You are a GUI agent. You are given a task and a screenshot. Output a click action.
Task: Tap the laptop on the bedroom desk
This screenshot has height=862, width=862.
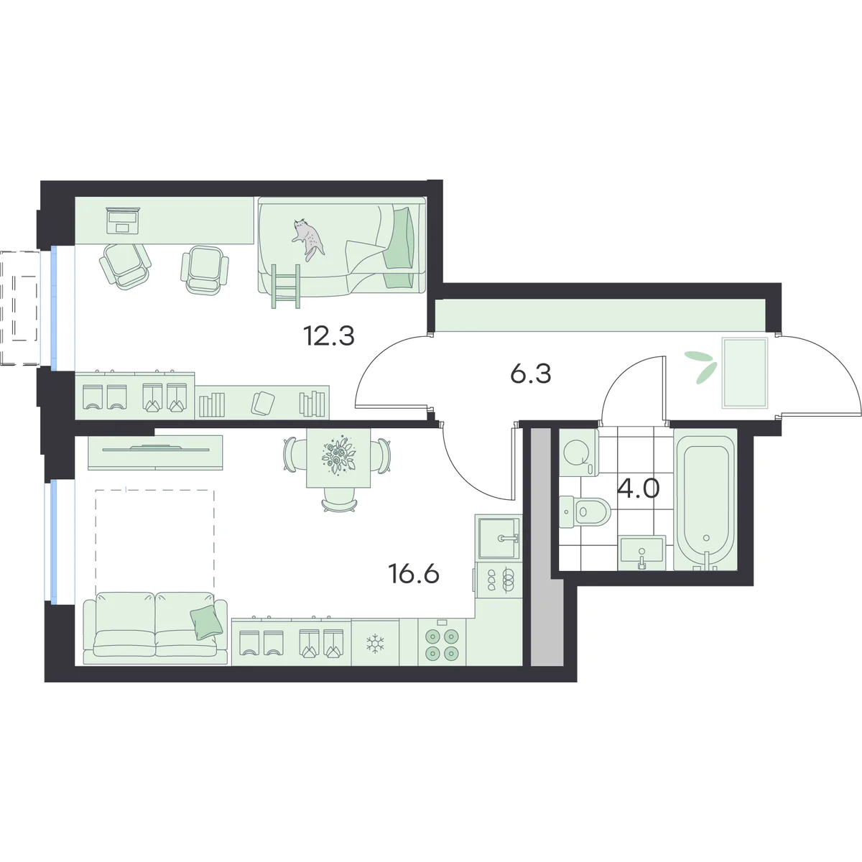[x=124, y=221]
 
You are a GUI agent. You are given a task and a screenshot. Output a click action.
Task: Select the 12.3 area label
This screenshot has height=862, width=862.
[x=329, y=336]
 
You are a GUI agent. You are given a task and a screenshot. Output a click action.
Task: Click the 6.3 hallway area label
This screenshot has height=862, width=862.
[x=531, y=374]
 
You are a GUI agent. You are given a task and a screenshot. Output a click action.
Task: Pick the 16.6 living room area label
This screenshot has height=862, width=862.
[x=414, y=574]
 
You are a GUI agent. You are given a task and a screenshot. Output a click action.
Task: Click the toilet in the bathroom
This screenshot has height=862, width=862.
[x=585, y=511]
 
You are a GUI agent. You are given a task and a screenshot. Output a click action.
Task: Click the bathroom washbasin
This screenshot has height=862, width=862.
[x=642, y=552]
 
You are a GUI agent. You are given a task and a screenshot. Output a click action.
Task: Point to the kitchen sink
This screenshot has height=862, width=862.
[x=499, y=537]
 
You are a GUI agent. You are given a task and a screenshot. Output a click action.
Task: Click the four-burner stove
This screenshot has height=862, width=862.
[x=442, y=643]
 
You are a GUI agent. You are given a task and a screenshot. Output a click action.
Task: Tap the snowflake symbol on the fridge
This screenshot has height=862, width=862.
[x=374, y=644]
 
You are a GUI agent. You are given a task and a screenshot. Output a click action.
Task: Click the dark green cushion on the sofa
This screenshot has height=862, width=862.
[x=207, y=621]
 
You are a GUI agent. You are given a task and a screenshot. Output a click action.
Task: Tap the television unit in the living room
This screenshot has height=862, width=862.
[x=155, y=453]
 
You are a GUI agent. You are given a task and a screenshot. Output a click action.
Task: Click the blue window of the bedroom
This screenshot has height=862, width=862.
[x=54, y=307]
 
